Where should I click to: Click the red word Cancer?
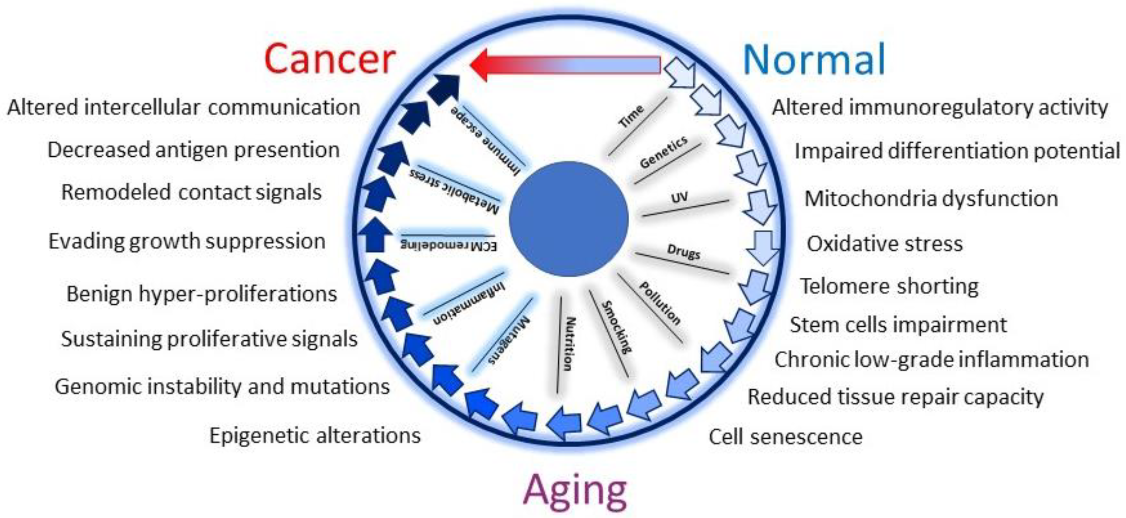click(330, 59)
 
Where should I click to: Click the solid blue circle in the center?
click(569, 219)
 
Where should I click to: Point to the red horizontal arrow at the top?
click(564, 65)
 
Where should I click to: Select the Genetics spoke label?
click(664, 152)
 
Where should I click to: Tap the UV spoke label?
click(679, 198)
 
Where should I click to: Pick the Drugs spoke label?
click(684, 252)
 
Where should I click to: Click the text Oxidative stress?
click(884, 243)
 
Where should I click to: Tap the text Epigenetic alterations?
click(315, 435)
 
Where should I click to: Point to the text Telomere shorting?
click(889, 287)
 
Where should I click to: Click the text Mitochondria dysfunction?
click(931, 198)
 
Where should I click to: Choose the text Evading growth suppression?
click(187, 241)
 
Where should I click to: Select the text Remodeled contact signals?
click(191, 192)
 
